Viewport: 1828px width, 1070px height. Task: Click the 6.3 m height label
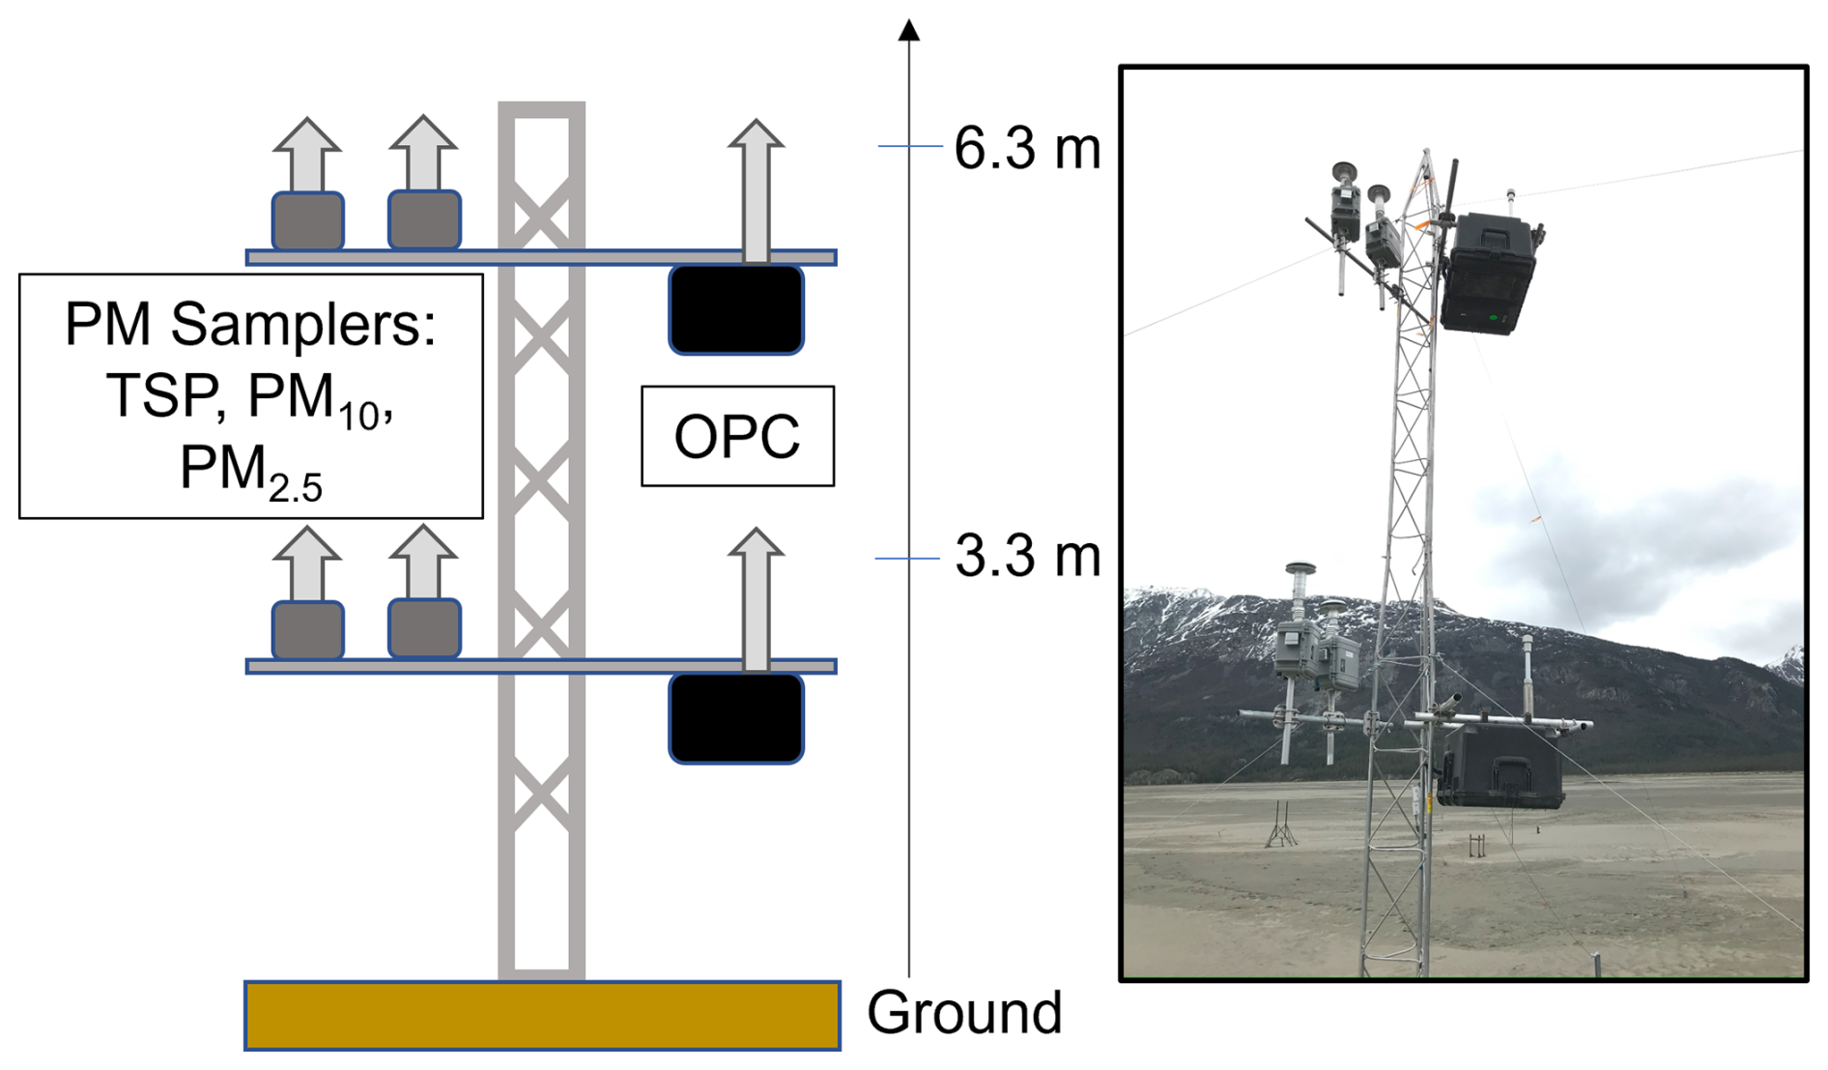[x=1027, y=149]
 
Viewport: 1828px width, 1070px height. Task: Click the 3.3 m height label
[x=1027, y=558]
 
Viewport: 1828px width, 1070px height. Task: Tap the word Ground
[x=964, y=1013]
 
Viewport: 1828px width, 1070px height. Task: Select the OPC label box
[x=737, y=436]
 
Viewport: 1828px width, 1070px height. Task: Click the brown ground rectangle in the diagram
[x=542, y=1015]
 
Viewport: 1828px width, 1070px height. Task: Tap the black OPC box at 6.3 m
[x=736, y=309]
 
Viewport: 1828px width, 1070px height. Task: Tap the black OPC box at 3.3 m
[x=736, y=718]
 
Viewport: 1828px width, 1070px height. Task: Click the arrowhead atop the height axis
[x=908, y=31]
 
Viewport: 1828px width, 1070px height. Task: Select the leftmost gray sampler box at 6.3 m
[x=307, y=221]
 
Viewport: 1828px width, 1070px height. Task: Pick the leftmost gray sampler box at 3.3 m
[x=307, y=630]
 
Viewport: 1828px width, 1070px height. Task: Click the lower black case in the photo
[x=1500, y=767]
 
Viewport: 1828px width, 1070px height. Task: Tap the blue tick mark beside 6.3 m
[x=908, y=146]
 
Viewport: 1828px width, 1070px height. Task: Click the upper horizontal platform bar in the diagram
[x=541, y=257]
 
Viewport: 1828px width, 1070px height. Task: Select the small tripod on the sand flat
[x=1281, y=826]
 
